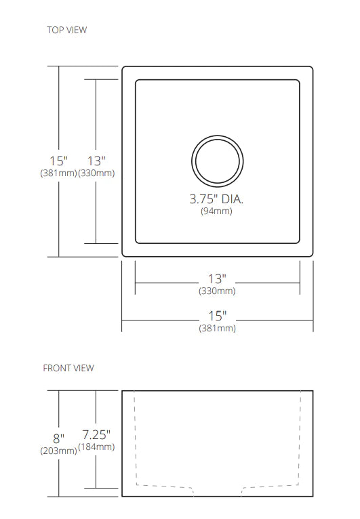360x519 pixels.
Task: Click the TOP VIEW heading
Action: [x=67, y=30]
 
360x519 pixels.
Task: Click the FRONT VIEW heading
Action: [x=68, y=368]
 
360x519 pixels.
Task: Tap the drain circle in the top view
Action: [x=218, y=136]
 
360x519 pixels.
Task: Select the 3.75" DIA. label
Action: [x=216, y=199]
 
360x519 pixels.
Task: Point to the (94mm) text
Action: [x=216, y=211]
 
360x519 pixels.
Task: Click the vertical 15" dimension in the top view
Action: [x=58, y=161]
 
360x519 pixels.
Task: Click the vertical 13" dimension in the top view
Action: [x=96, y=161]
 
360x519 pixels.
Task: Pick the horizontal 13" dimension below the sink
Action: [x=217, y=279]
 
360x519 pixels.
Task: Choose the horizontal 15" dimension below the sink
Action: [x=218, y=316]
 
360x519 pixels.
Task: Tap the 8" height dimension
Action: [x=58, y=438]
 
